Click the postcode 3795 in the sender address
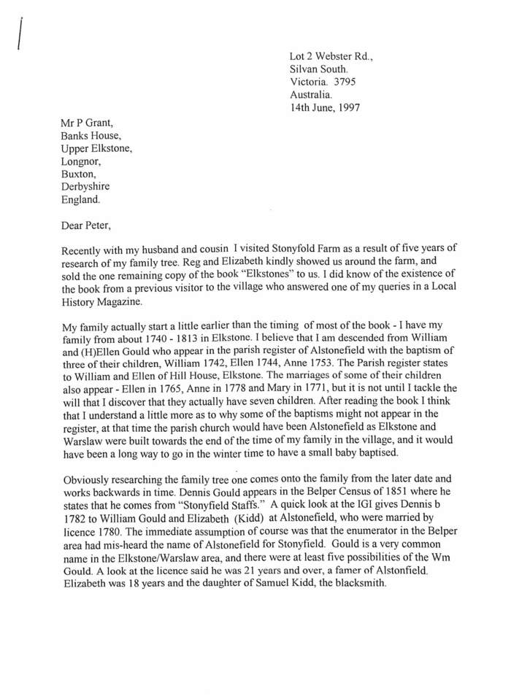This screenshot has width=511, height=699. pyautogui.click(x=343, y=82)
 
